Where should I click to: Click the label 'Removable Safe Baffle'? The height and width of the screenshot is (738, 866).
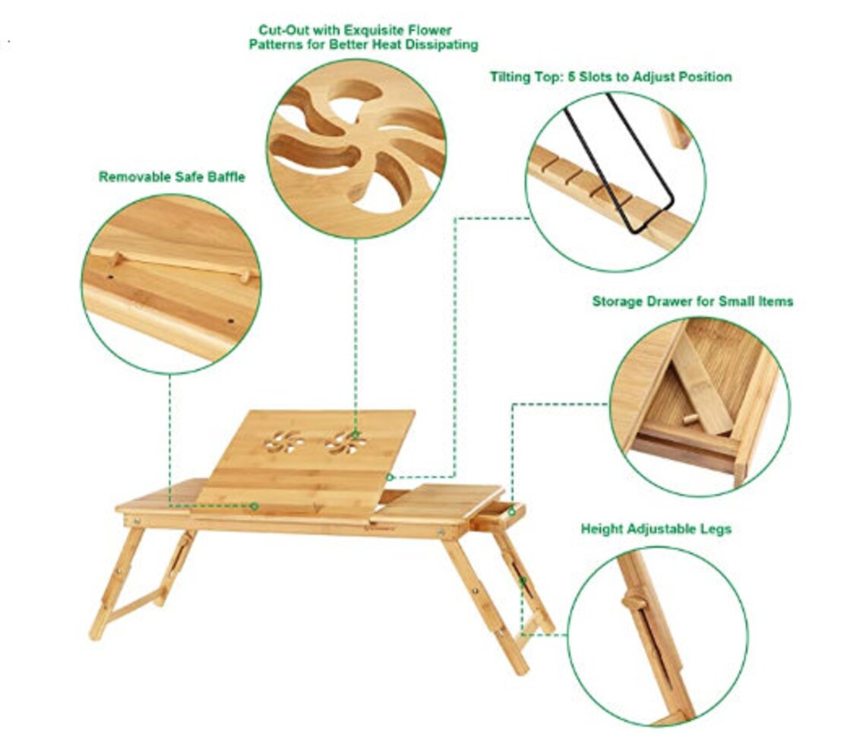172,176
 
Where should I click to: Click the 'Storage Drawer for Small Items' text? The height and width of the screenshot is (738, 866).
692,302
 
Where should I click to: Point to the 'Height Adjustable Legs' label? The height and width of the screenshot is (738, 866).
656,529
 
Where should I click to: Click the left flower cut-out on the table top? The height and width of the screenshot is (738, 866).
283,441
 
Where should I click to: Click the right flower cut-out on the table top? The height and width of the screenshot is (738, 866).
346,441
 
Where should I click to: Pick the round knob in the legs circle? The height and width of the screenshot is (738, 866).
634,602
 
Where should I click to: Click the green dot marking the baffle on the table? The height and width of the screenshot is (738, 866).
254,506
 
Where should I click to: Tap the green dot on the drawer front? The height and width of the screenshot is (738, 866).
513,512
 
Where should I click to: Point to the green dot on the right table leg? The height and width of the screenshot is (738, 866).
523,582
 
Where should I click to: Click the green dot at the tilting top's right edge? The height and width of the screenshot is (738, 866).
390,477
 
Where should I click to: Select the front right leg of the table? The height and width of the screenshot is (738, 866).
486,600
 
